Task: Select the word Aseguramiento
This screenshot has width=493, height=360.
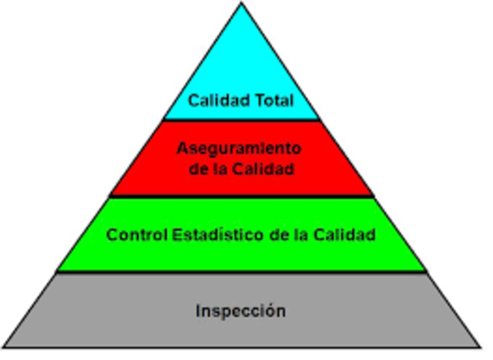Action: point(239,147)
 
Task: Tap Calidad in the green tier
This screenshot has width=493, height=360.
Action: point(346,234)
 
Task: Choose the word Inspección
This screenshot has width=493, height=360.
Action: point(240,311)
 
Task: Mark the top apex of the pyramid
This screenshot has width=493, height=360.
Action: point(241,5)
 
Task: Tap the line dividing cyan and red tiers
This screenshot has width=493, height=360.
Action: point(241,119)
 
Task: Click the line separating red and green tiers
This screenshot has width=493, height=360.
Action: point(241,196)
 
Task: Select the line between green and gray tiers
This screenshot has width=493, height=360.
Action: point(241,271)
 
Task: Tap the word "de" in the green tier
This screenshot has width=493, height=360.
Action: point(284,234)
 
